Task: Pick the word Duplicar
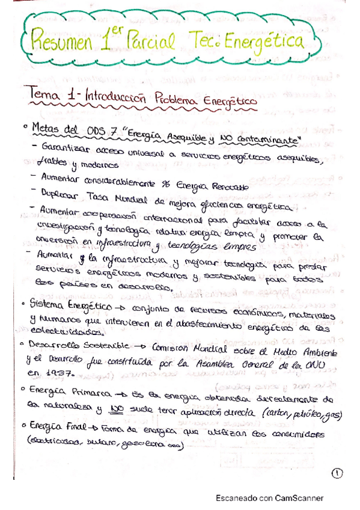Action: [66, 194]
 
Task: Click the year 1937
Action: [59, 375]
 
